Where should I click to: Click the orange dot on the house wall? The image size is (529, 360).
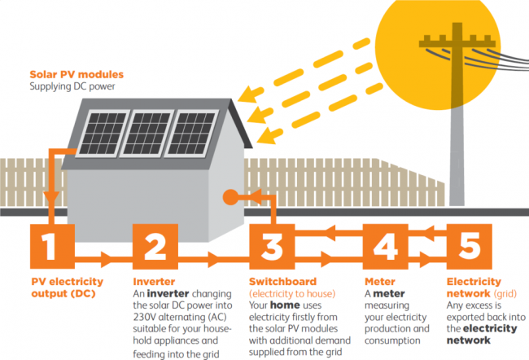(230, 196)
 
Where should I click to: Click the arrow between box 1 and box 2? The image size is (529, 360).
(105, 260)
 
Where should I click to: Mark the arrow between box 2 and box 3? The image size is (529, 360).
(212, 260)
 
